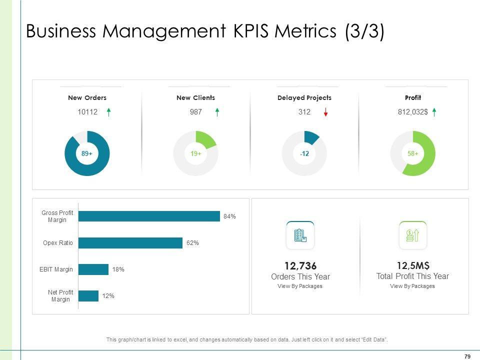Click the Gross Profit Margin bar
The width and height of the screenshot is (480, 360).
point(149,216)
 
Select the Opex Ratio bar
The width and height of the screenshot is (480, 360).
point(130,243)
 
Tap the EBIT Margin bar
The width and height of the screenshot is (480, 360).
point(93,269)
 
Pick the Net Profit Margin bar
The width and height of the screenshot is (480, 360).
point(88,296)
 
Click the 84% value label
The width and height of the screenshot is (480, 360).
point(229,216)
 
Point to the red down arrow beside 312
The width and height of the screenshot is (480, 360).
point(325,112)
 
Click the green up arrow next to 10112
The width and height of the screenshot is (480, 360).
point(108,112)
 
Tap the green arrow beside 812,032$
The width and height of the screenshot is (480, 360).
point(434,112)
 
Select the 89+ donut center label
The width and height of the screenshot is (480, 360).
point(87,154)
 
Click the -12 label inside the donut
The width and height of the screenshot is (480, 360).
point(304,154)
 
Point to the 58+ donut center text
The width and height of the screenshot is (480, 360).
point(413,154)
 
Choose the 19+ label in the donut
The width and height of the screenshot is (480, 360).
point(195,154)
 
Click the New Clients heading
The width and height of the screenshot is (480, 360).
point(195,98)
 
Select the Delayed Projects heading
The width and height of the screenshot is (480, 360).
point(304,98)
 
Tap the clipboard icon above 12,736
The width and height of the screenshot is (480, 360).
point(300,235)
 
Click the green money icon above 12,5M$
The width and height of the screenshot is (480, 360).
point(412,235)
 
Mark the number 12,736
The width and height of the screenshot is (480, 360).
point(300,265)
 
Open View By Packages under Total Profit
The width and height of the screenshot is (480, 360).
point(412,286)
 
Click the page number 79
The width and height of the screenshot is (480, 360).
point(467,356)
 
